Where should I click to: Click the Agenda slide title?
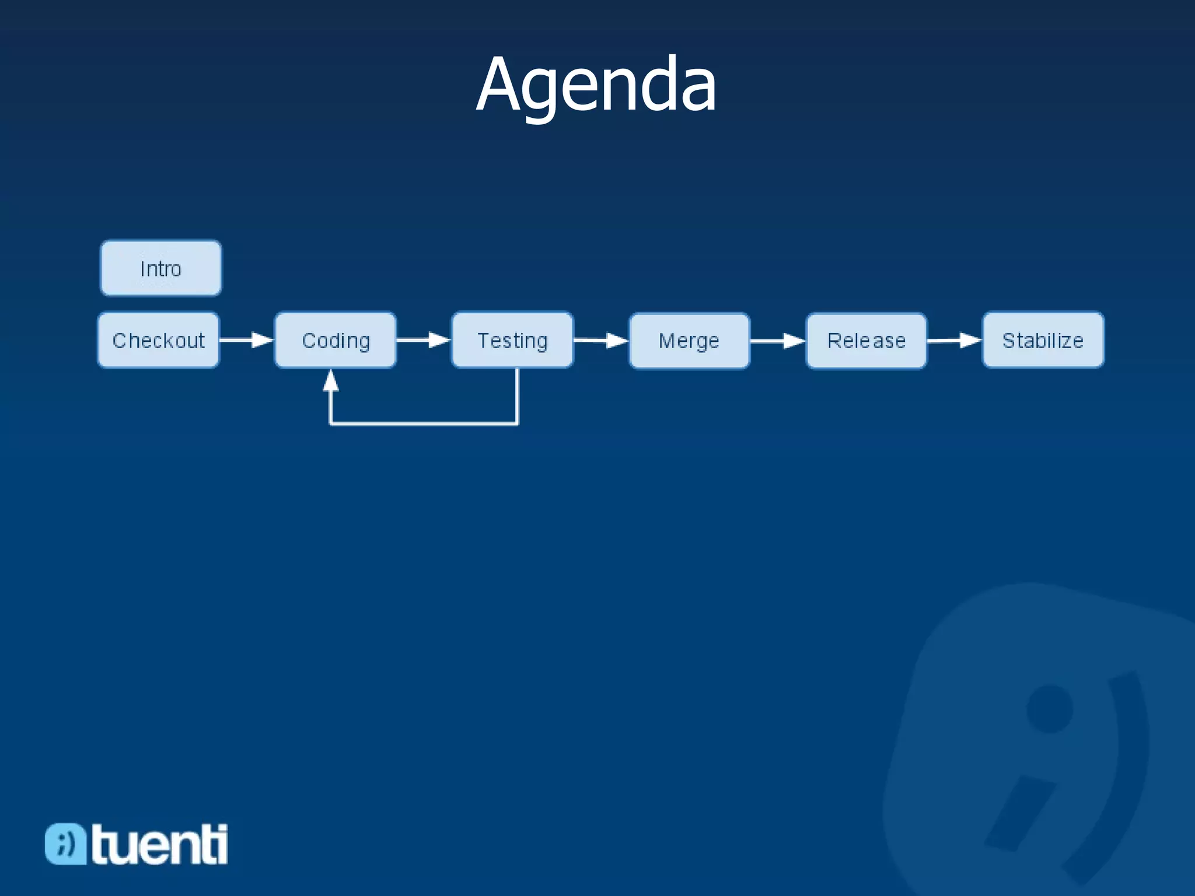[596, 85]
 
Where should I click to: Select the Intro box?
[161, 268]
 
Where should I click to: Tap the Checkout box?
[159, 340]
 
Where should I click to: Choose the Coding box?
[336, 340]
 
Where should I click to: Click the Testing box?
[512, 340]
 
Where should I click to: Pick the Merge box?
[689, 341]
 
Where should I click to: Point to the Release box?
[866, 341]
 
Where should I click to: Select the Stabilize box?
[1043, 340]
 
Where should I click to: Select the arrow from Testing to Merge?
[601, 340]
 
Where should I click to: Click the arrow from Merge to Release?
[778, 341]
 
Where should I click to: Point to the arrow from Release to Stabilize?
[955, 340]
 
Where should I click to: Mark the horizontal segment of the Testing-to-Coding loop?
[424, 423]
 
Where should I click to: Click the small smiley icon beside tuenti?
[65, 843]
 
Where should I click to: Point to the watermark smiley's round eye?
[1050, 709]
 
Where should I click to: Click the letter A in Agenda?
[499, 85]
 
